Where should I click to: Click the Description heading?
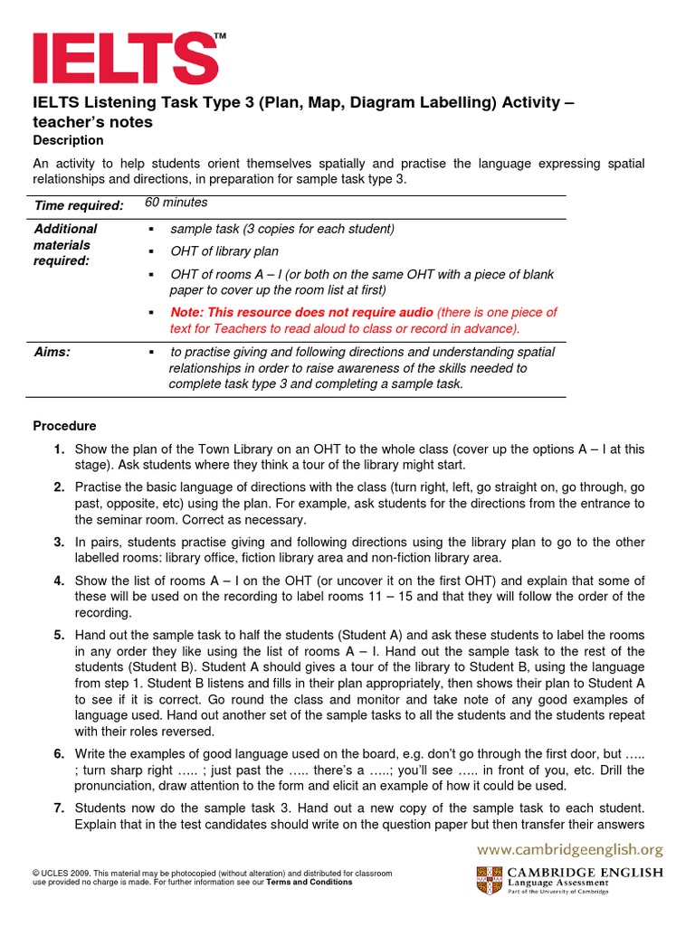tap(68, 140)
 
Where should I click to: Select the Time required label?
tap(79, 206)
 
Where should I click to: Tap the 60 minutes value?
tap(176, 203)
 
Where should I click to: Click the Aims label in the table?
tap(52, 352)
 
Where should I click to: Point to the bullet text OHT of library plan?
tap(224, 250)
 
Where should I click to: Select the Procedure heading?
tap(64, 426)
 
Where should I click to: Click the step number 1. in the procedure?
tap(58, 449)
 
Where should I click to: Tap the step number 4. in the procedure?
tap(58, 581)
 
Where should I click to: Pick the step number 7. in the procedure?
tap(58, 807)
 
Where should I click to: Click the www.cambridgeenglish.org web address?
tap(570, 849)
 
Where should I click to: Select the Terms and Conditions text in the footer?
tap(309, 882)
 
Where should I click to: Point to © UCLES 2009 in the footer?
tap(61, 873)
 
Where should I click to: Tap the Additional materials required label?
tap(65, 244)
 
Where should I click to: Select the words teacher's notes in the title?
tap(93, 122)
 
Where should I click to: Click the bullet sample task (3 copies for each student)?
tap(282, 229)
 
